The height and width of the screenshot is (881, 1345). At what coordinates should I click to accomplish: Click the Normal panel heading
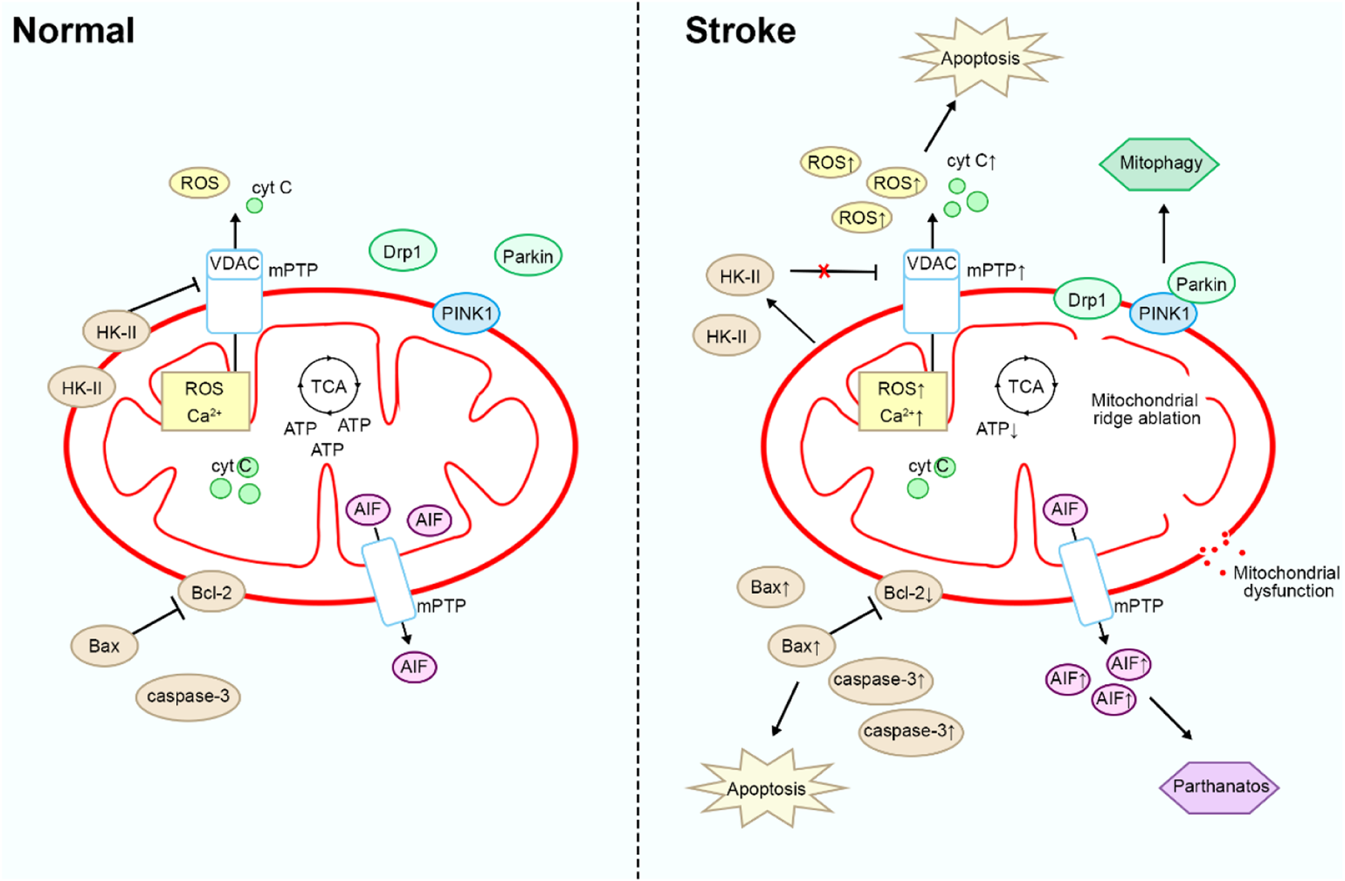(x=74, y=31)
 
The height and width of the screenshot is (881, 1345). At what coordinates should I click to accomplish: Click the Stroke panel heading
(x=740, y=31)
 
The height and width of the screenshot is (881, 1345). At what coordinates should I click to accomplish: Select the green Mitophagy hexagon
(x=1160, y=163)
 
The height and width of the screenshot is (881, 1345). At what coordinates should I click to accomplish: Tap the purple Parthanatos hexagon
(x=1220, y=786)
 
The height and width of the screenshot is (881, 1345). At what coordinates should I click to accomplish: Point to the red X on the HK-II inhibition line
(x=824, y=271)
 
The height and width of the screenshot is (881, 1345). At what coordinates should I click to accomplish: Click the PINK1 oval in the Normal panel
(x=466, y=313)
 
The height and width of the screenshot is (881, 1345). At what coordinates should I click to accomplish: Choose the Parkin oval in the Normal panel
(x=528, y=256)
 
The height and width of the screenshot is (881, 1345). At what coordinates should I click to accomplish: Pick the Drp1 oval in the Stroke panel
(x=1086, y=299)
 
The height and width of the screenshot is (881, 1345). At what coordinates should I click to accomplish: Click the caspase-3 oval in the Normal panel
(x=188, y=696)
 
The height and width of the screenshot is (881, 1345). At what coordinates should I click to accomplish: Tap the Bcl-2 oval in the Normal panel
(x=212, y=592)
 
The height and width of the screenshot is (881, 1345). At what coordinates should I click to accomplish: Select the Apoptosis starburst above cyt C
(x=980, y=58)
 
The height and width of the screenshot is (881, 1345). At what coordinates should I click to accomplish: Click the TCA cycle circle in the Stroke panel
(x=1026, y=385)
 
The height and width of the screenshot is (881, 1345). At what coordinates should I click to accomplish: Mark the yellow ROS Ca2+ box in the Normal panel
(x=205, y=401)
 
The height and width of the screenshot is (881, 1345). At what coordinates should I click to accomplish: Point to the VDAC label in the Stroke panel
(x=931, y=264)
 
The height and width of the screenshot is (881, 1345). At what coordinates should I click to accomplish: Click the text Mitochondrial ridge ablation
(x=1145, y=409)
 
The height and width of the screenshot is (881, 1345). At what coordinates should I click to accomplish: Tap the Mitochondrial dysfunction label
(x=1287, y=582)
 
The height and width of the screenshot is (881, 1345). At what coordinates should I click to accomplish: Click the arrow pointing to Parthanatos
(x=1171, y=719)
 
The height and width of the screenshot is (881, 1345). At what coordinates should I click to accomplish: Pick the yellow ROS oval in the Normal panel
(x=199, y=183)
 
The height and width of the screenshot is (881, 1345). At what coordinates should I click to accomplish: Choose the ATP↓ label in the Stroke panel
(x=997, y=429)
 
